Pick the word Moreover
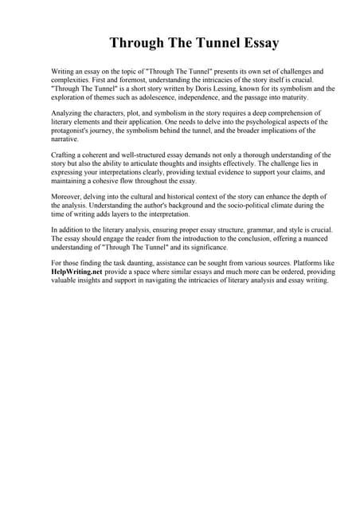click(67, 196)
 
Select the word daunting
click(155, 262)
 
